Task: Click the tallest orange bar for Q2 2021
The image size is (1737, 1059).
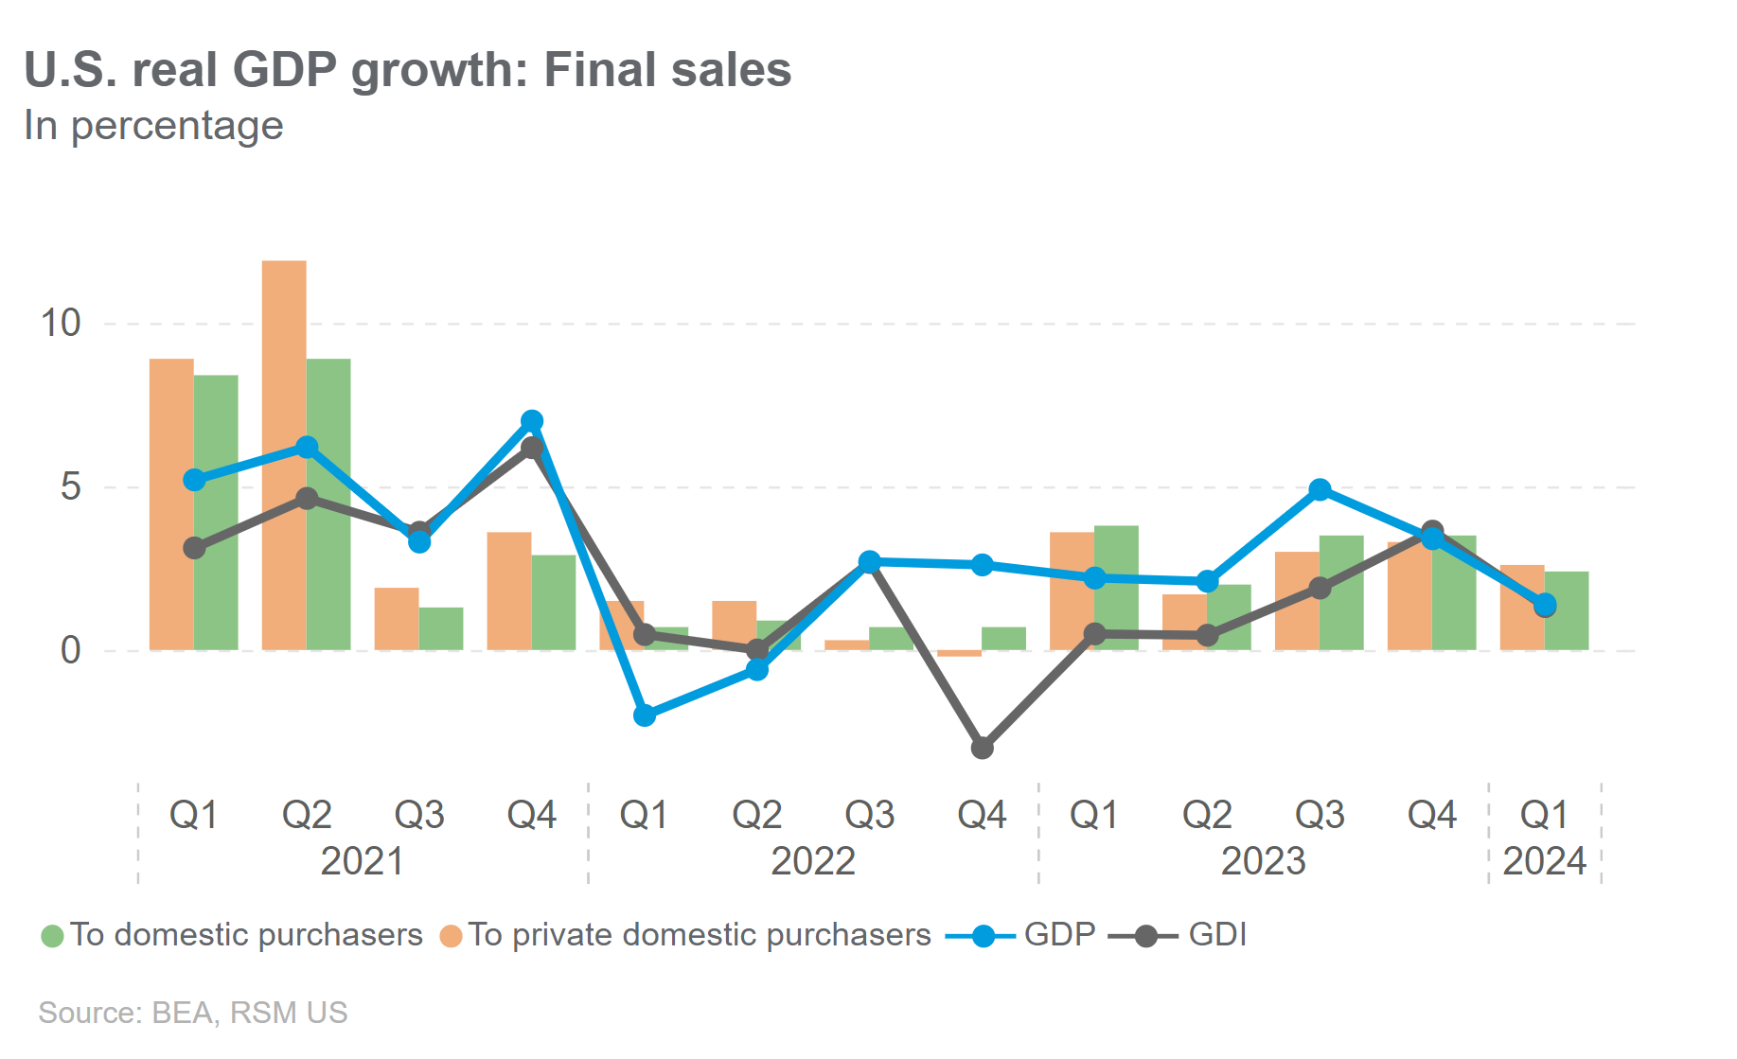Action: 284,454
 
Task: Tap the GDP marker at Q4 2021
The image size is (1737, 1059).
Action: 532,421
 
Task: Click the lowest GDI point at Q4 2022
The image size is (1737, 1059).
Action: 983,748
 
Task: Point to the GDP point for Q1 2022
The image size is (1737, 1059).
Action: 645,715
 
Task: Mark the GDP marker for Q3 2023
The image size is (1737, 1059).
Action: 1320,489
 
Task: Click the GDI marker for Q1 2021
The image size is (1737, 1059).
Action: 194,548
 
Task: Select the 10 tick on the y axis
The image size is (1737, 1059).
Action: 61,324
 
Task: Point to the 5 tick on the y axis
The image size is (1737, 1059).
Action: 70,487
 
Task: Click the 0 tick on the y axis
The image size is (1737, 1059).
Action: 70,650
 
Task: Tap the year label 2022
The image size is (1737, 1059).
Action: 813,861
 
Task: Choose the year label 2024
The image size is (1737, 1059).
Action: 1544,861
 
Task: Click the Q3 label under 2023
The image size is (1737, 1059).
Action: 1320,815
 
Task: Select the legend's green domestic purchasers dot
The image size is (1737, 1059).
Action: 53,936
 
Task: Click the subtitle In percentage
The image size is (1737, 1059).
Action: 153,126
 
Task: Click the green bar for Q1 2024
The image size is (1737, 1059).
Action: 1567,610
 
